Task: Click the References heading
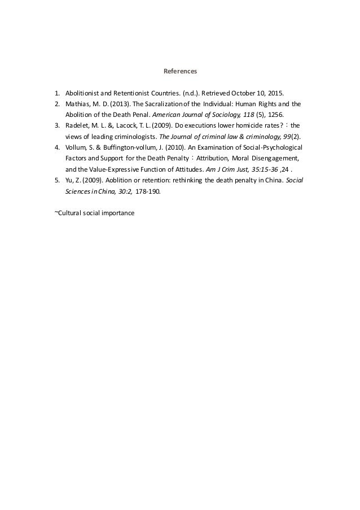click(x=180, y=72)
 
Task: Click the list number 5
click(x=57, y=180)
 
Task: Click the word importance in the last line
click(x=118, y=213)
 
